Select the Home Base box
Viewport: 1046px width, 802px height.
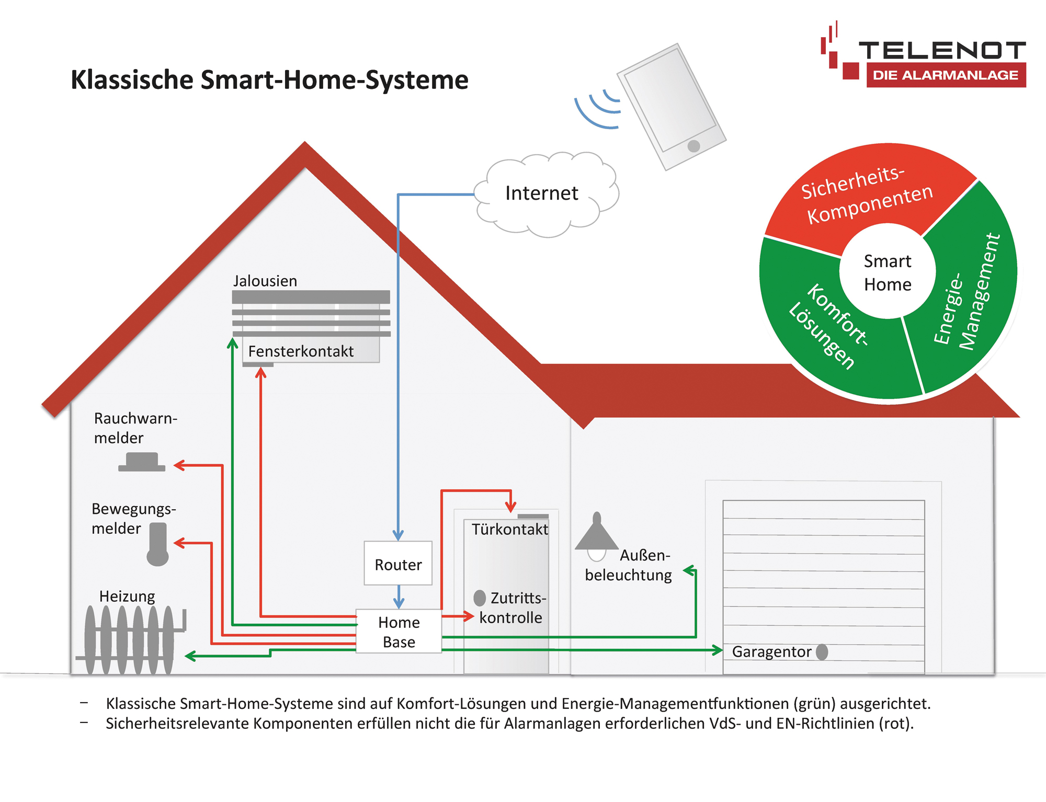399,631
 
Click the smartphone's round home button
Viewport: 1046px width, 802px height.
694,146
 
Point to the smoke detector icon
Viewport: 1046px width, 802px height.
142,462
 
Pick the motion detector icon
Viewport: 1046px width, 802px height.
157,544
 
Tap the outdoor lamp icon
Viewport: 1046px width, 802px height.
597,536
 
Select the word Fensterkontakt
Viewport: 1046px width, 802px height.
301,351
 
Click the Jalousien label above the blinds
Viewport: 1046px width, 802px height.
265,281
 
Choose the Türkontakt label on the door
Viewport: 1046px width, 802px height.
510,530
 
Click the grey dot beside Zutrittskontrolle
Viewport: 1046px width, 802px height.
480,598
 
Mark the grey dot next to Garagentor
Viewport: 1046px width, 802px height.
822,652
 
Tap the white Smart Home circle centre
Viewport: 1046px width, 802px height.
888,272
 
